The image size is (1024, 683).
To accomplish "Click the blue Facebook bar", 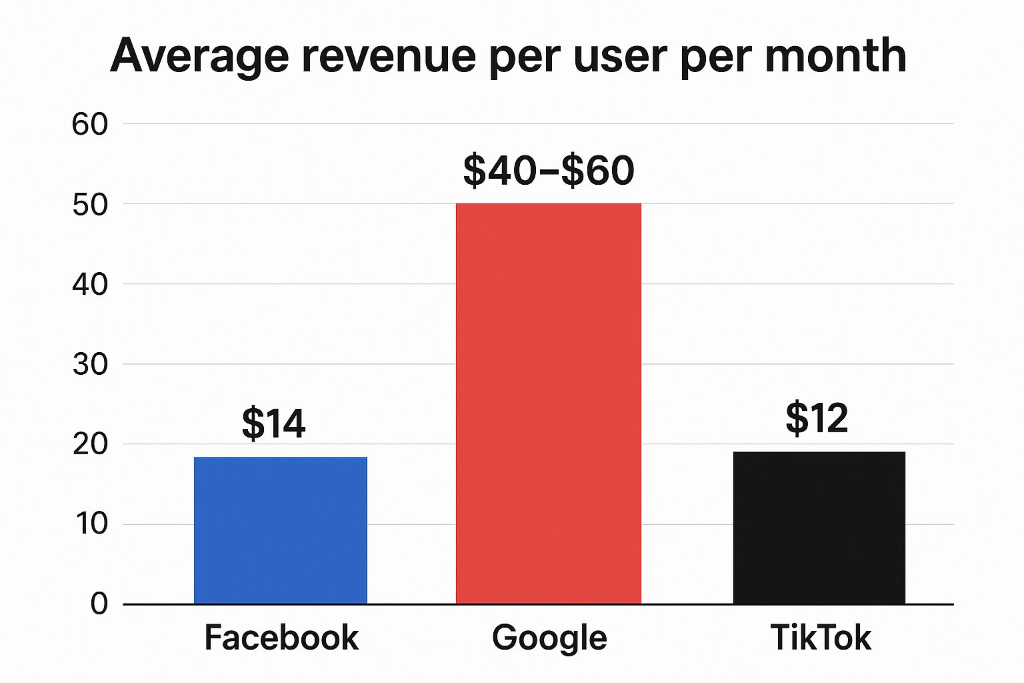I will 281,530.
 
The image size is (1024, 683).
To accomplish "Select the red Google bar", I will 548,404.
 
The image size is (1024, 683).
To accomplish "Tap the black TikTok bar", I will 819,528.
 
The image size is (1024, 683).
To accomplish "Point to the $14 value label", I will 273,423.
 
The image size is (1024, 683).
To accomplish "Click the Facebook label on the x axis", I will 281,637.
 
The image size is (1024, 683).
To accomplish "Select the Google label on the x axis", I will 549,637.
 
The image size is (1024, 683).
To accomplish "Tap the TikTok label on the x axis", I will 820,637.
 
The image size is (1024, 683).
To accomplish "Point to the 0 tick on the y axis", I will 99,604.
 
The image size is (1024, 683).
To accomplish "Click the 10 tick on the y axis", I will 91,524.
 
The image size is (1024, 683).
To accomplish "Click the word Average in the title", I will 199,56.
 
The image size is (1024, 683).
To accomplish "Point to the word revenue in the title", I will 389,56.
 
